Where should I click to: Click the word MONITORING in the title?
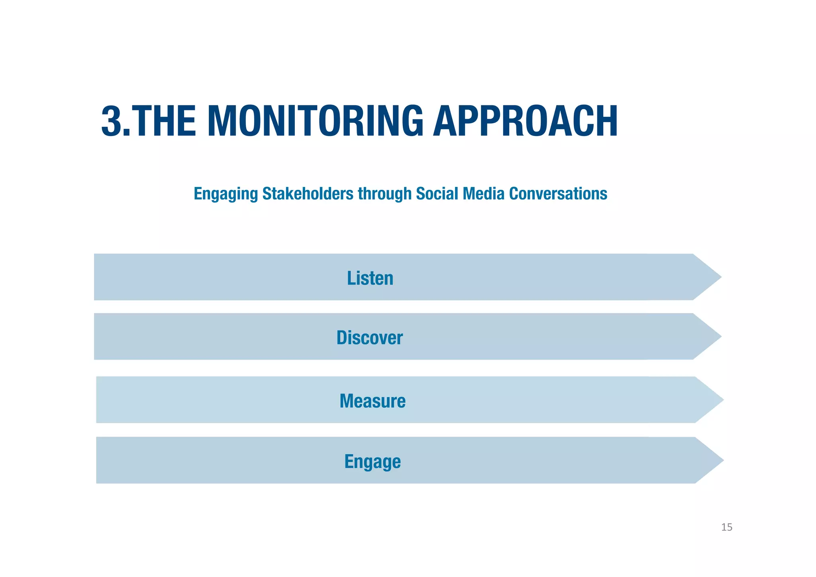pos(315,121)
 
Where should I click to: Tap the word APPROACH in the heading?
pos(525,121)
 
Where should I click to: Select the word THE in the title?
pos(163,121)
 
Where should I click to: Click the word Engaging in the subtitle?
pos(226,194)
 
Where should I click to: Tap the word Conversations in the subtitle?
pos(558,193)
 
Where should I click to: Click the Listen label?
pos(370,278)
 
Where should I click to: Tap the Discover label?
pos(369,337)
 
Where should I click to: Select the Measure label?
pos(372,401)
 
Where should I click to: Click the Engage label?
pos(372,461)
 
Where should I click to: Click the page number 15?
pos(726,527)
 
